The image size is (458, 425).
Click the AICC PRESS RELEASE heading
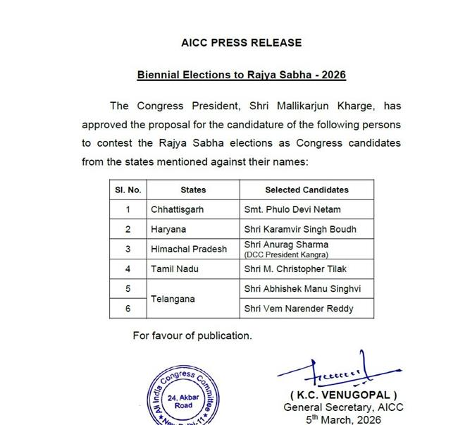tap(241, 43)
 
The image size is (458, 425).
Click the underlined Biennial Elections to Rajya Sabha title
tap(241, 74)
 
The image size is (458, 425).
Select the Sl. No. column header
tap(128, 190)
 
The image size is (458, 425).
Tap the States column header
tap(193, 190)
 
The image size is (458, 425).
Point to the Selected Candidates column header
tap(307, 190)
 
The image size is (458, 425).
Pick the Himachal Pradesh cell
tap(189, 250)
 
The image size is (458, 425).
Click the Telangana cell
tap(173, 299)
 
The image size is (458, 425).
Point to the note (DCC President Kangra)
tap(286, 254)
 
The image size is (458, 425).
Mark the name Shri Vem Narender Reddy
tap(298, 309)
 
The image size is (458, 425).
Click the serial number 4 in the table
tap(128, 269)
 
